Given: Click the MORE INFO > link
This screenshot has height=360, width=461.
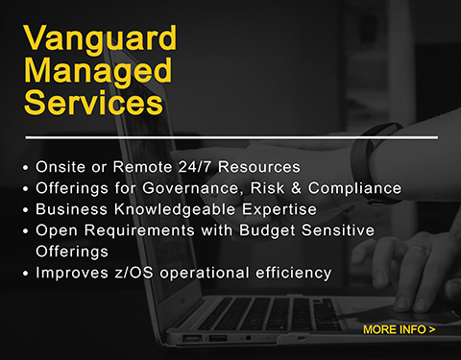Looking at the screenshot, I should (400, 330).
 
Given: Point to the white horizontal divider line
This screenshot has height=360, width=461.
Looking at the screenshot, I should (230, 137).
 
